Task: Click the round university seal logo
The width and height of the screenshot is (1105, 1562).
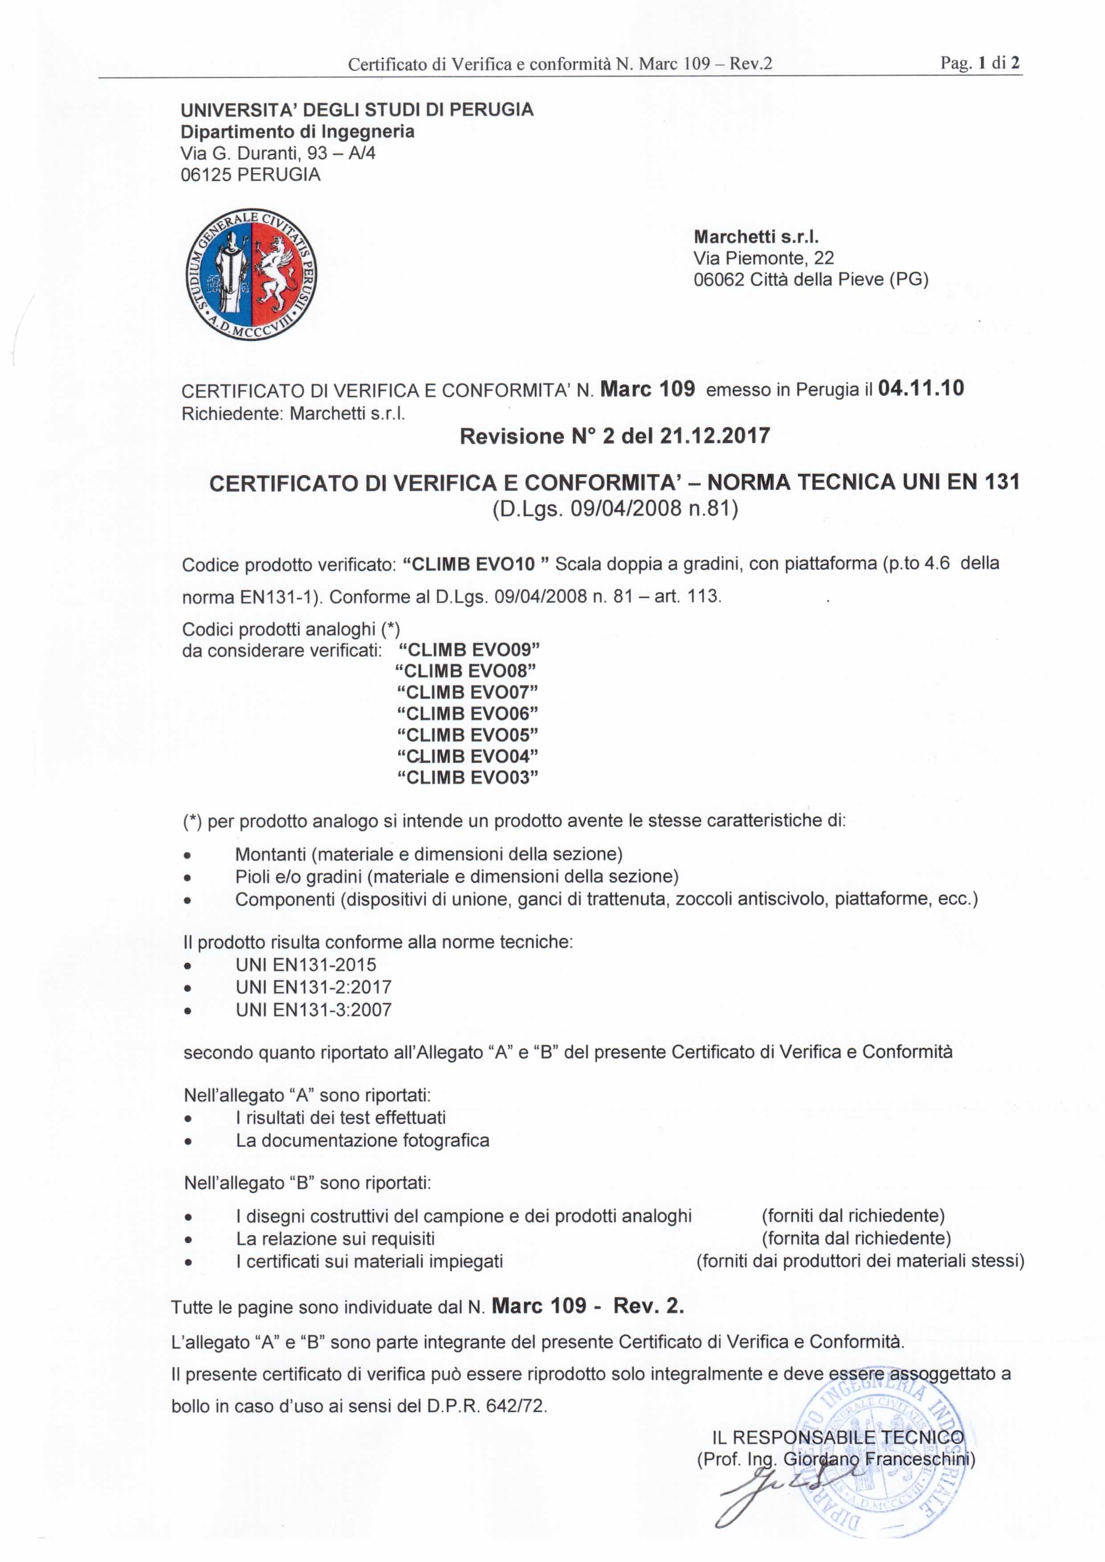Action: coord(252,275)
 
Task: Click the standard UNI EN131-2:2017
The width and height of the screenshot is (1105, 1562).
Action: coord(314,987)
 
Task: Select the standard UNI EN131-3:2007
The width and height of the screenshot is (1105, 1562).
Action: coord(314,1009)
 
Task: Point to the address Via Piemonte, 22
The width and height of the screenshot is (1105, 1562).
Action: coord(763,258)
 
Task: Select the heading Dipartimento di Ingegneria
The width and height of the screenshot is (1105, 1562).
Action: coord(298,131)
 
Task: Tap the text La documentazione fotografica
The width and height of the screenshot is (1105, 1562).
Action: coord(363,1140)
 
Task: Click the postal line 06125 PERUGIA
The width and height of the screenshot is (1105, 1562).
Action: coord(250,175)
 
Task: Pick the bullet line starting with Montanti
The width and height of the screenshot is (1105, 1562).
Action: coord(428,854)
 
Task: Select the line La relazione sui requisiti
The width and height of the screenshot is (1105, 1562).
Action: coord(335,1239)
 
